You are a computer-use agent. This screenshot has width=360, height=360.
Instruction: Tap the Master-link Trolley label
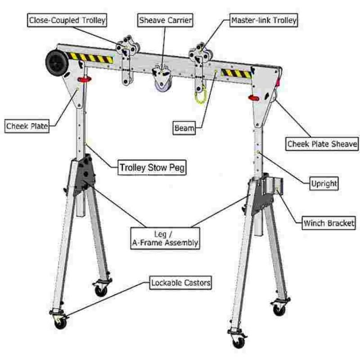point(264,20)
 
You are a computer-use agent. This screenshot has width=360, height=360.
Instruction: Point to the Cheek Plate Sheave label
point(322,144)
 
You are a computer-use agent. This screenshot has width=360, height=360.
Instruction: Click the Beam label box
point(184,128)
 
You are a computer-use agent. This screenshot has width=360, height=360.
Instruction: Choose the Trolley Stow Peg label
point(152,168)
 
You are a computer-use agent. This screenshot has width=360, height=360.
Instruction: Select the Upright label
point(324,183)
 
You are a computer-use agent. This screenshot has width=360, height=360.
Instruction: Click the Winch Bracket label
point(328,223)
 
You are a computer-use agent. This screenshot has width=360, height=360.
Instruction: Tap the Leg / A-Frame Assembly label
point(165,238)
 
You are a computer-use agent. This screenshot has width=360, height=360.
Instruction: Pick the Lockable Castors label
point(180,283)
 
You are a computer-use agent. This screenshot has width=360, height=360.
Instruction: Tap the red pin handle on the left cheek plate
point(84,80)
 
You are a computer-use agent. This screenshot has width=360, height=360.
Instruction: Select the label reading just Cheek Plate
point(27,126)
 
